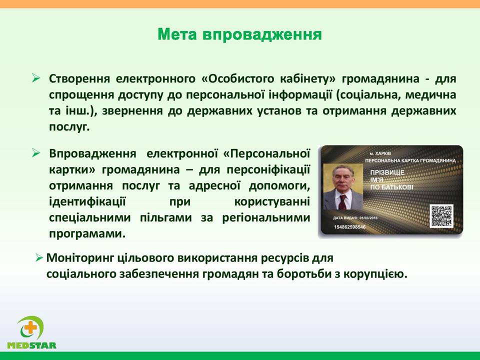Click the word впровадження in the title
pos(262,35)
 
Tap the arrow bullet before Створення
pos(36,78)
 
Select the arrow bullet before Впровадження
pos(36,153)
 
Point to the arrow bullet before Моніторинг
pos(39,258)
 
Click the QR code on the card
pos(441,216)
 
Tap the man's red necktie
pos(342,202)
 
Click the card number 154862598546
pos(349,227)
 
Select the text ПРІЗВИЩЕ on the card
pos(387,172)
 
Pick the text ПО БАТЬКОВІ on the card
pos(391,187)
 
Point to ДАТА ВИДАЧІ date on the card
pos(355,218)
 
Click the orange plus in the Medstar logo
pos(30,328)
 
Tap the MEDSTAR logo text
pos(32,345)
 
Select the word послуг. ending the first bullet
pos(69,126)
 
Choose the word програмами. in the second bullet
pos(87,234)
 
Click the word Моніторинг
pos(80,258)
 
